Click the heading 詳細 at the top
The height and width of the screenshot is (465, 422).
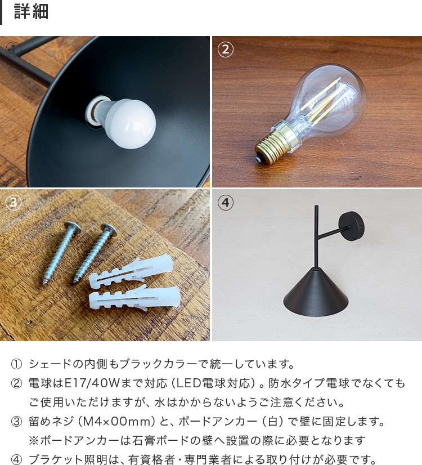tap(31, 12)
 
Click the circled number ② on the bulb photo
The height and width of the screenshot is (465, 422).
tap(226, 50)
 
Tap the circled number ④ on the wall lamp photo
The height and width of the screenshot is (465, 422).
tap(226, 203)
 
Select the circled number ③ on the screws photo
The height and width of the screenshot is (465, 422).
tap(14, 203)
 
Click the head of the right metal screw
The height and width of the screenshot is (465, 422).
tap(109, 229)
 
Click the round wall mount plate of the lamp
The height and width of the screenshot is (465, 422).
tap(352, 226)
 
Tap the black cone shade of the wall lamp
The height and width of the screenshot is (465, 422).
tap(316, 292)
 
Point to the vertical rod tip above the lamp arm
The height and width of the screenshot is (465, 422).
tap(316, 207)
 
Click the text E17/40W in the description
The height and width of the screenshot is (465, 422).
tap(92, 383)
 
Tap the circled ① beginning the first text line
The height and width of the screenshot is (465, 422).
tap(16, 364)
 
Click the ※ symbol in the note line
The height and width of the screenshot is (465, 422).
tap(34, 440)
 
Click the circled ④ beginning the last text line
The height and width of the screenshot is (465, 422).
tap(16, 459)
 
